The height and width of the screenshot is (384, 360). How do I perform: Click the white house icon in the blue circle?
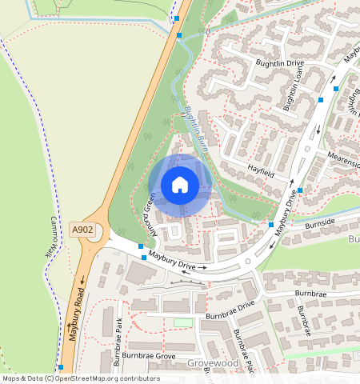(x=180, y=185)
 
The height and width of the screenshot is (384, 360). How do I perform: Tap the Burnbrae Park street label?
(x=118, y=342)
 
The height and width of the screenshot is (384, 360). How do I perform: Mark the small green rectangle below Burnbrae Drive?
(x=184, y=322)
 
